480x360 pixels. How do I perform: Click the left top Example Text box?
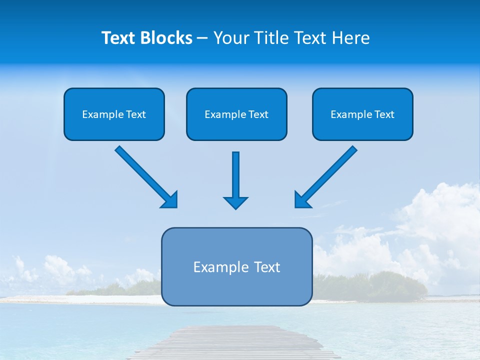114,114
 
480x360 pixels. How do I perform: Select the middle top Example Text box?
236,114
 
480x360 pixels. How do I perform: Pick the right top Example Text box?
362,114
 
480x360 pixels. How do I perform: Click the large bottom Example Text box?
236,266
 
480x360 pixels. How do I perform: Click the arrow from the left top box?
145,176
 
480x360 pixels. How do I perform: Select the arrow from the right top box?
326,176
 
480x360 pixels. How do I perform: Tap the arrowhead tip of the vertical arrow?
235,207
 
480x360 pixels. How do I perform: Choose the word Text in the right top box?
384,114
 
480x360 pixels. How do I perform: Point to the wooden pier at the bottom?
235,342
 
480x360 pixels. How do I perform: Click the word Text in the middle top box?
258,114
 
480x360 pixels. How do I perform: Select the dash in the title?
202,38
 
